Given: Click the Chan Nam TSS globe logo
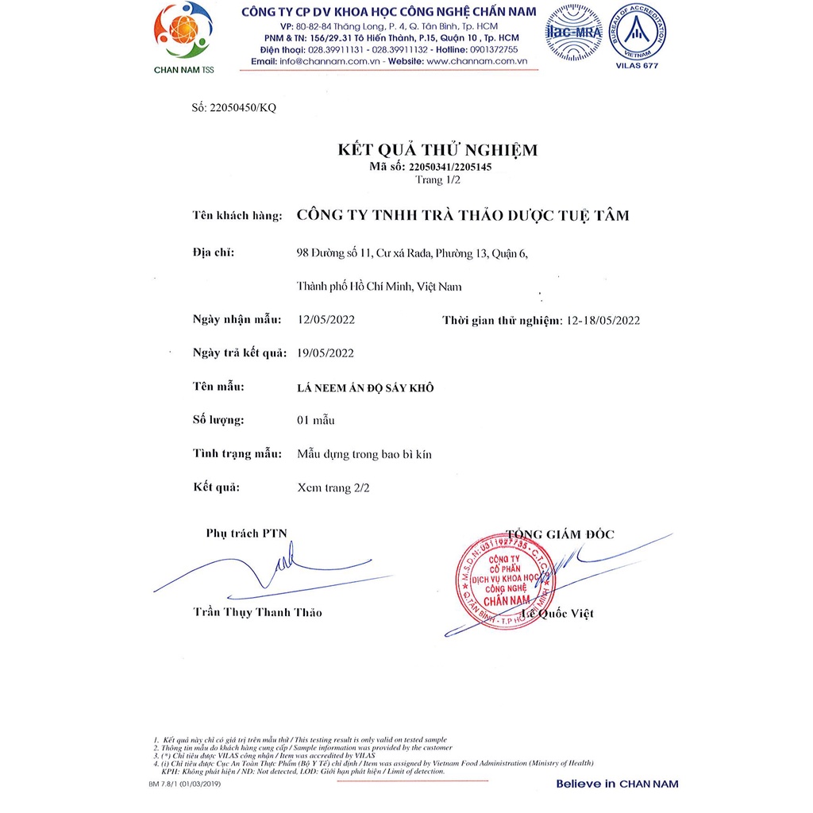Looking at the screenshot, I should (183, 32).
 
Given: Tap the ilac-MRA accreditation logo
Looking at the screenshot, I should (574, 33).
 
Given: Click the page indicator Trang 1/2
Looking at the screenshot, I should (437, 179).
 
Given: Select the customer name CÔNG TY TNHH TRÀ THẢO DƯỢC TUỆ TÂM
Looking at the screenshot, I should (462, 215).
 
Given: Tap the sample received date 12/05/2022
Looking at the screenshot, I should (326, 320).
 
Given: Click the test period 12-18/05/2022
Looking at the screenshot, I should (600, 320).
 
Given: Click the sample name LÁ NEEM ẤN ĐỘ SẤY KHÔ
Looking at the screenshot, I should (365, 387).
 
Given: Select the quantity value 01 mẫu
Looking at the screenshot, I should (316, 420).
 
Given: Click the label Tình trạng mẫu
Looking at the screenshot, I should (237, 453).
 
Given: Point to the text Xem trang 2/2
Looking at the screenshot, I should (333, 487).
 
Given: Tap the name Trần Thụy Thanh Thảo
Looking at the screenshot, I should (258, 612).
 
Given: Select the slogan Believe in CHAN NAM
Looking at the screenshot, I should (617, 784).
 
